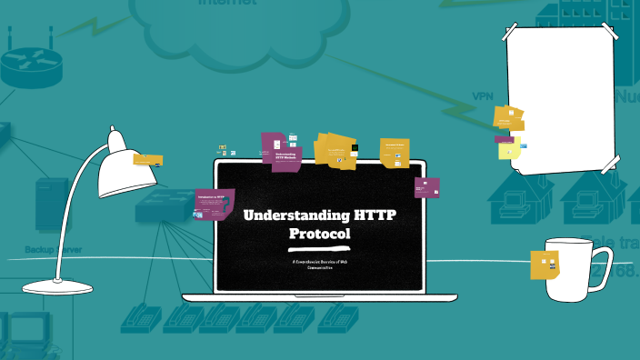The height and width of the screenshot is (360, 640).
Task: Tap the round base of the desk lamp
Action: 57,287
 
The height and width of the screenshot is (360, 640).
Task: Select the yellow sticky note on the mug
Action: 545,265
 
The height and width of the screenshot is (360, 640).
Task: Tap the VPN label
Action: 482,95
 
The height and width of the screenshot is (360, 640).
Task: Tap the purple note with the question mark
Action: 215,205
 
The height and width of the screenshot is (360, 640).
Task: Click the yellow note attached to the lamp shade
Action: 146,159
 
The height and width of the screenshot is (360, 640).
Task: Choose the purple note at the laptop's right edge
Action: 426,187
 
